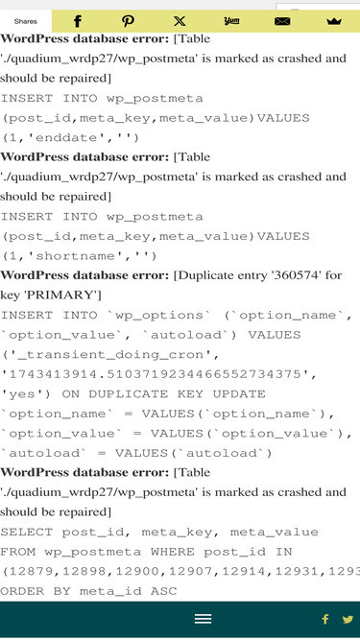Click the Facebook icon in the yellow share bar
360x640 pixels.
77,21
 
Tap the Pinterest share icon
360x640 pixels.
129,21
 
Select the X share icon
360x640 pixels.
180,21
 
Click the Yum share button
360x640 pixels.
231,21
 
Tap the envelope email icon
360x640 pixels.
282,21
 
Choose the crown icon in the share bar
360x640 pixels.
334,21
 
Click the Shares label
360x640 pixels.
25,21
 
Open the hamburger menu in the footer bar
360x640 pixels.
203,619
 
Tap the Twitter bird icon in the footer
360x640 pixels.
348,619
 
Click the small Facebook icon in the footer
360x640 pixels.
325,619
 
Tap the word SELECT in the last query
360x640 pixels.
27,532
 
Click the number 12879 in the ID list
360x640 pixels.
31,571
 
